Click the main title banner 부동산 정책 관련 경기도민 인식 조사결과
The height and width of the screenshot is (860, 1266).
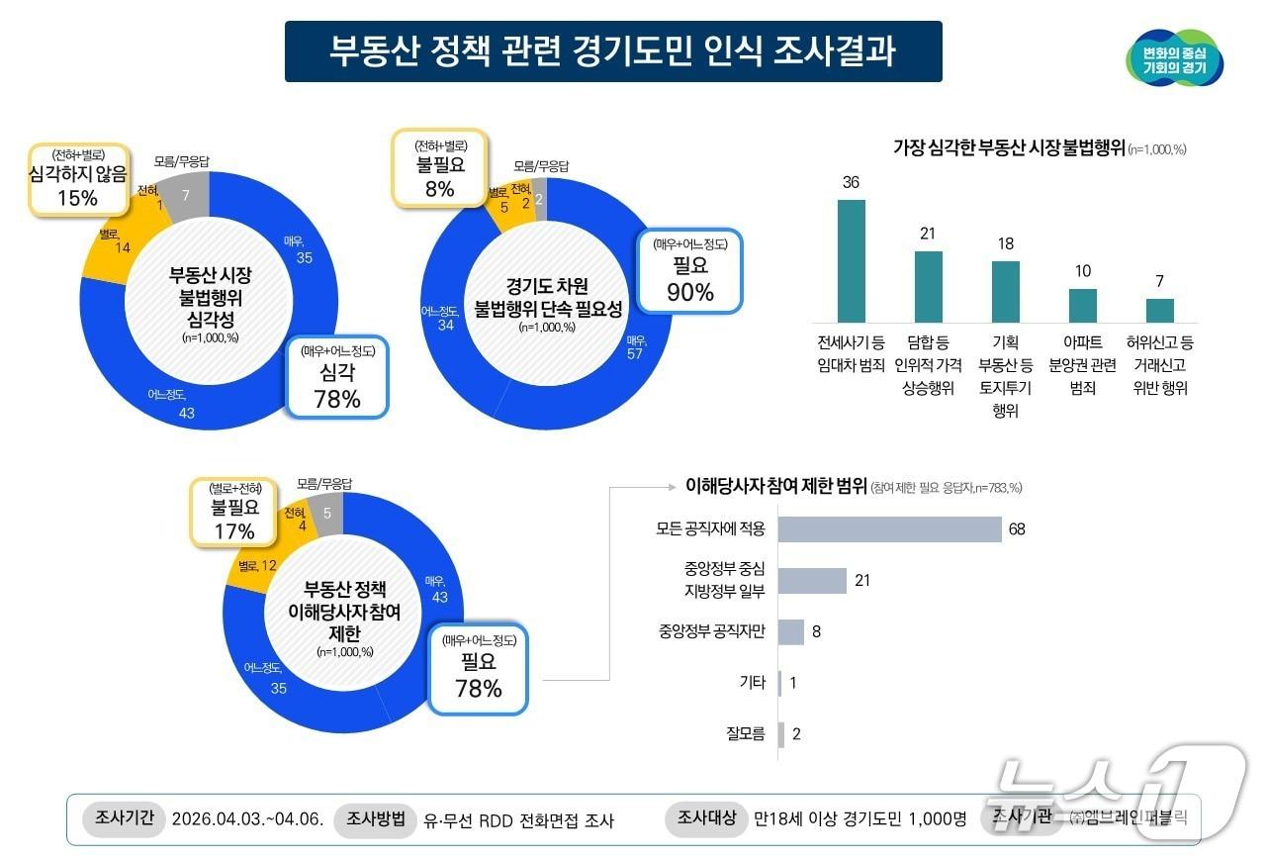(613, 51)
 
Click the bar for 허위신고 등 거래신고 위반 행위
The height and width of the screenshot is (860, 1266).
(1159, 310)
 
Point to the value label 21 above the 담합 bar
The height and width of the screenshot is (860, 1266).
(928, 234)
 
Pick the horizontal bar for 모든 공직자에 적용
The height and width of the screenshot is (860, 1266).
(889, 529)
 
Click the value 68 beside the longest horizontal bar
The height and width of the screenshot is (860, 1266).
(1017, 529)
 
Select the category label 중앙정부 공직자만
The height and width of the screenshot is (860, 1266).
(712, 631)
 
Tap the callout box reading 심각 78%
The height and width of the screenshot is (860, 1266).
(337, 377)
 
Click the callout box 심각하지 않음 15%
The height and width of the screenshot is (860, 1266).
(78, 179)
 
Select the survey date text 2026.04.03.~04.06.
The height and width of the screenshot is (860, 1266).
(247, 819)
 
